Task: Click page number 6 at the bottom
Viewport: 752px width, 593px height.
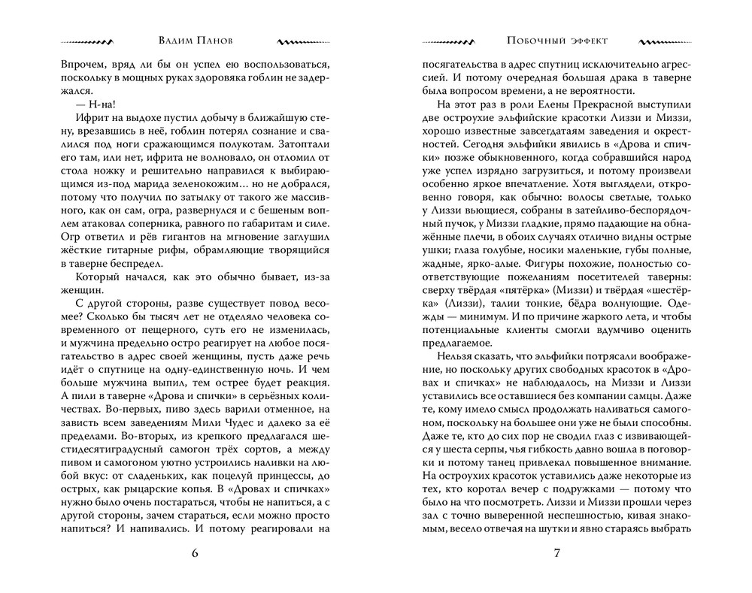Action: click(x=196, y=555)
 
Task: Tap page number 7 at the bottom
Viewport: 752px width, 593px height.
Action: click(x=557, y=555)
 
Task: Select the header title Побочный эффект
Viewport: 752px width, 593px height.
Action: click(x=558, y=41)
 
